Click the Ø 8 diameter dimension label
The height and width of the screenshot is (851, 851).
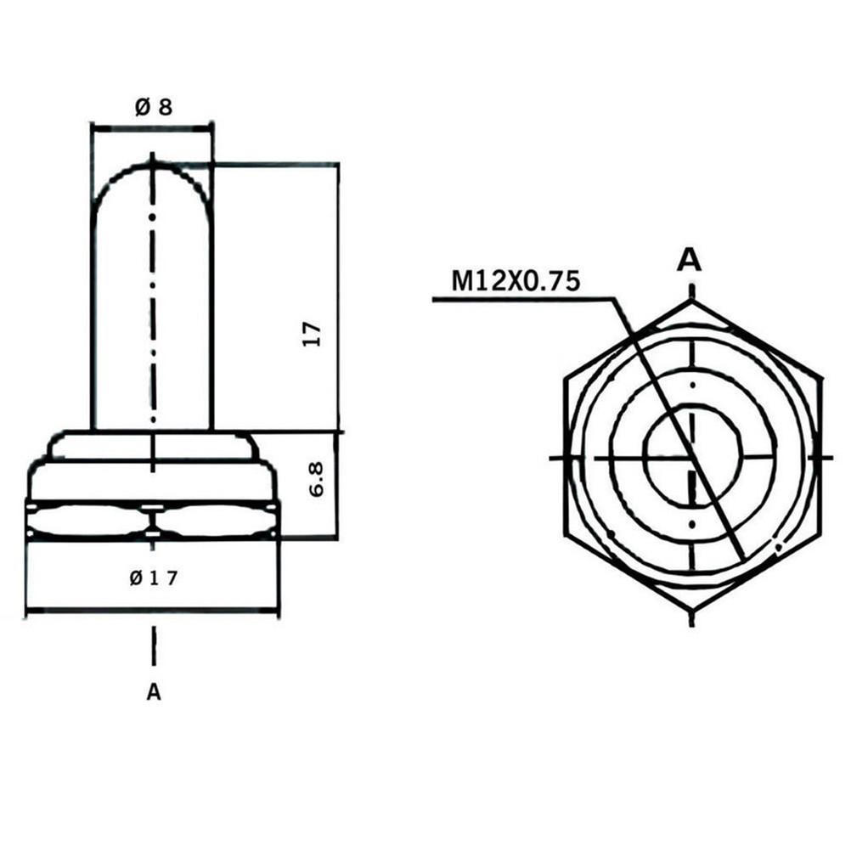[154, 107]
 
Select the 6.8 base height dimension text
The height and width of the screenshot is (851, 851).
[315, 479]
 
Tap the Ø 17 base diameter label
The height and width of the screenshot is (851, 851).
[154, 578]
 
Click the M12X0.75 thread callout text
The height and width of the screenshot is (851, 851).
[516, 282]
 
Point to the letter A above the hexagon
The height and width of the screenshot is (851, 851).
[690, 261]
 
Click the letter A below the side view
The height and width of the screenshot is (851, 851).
[154, 692]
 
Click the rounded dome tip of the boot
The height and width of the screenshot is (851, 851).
[153, 166]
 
